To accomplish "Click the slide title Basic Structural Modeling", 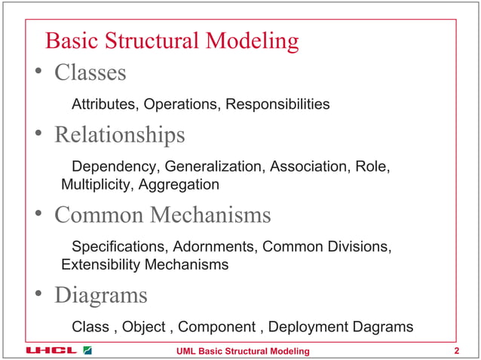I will pyautogui.click(x=173, y=41).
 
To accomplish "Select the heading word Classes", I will pyautogui.click(x=90, y=73).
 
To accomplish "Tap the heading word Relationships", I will pyautogui.click(x=119, y=136).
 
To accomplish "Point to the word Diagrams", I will pyautogui.click(x=100, y=295).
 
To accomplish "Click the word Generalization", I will pyautogui.click(x=211, y=166).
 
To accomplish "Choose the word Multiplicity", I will pyautogui.click(x=95, y=185).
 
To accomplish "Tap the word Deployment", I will pyautogui.click(x=305, y=327).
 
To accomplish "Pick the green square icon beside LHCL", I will pyautogui.click(x=87, y=351).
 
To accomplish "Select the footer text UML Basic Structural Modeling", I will pyautogui.click(x=242, y=351).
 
